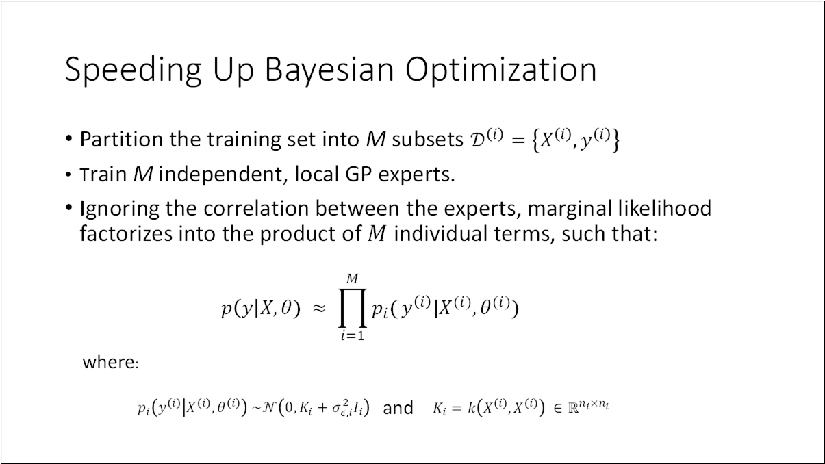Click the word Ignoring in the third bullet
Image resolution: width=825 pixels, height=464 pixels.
pos(114,209)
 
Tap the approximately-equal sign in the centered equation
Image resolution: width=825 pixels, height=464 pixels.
pos(318,309)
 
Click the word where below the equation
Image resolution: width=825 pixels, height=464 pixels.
pos(110,362)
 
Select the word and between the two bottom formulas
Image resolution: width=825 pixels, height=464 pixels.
pos(398,409)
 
